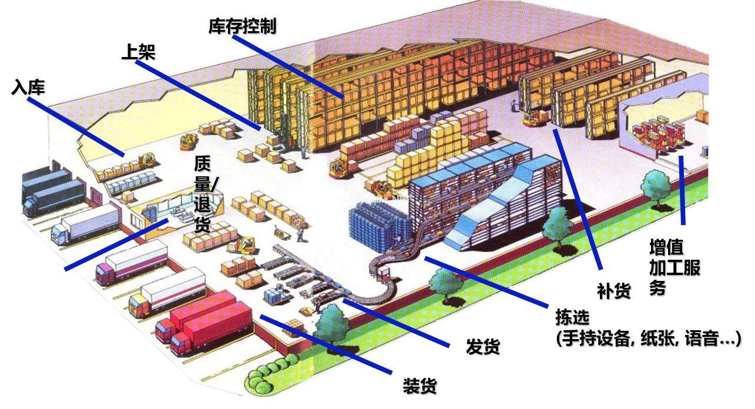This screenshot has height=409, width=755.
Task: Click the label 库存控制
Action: pos(242,26)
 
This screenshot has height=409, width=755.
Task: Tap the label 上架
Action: pos(139,52)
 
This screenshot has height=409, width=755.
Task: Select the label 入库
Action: pos(28,88)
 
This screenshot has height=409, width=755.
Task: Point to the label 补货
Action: pos(614,291)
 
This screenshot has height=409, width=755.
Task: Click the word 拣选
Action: pos(573,317)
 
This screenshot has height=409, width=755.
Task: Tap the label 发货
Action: pos(483,346)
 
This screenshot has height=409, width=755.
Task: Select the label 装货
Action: pos(420,385)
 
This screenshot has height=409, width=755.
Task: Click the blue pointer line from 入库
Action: pos(76,127)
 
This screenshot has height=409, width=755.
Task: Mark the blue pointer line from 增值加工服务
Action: pos(682,190)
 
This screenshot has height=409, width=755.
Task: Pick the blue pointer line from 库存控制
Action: pos(288,66)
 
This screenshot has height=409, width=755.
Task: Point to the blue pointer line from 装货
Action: pos(326,344)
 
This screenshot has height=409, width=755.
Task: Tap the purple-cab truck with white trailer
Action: pos(132,263)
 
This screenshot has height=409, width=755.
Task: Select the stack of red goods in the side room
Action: pos(657,134)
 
